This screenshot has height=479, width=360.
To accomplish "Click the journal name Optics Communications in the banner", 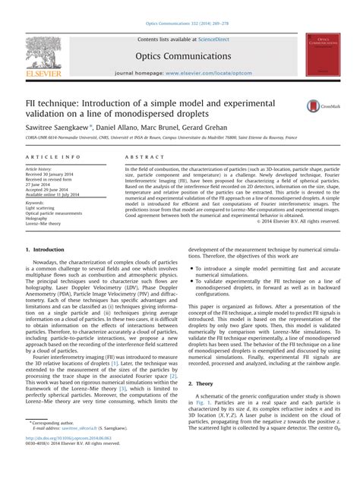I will coord(179,57).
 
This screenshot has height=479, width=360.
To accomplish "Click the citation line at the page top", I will coord(180,6).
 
